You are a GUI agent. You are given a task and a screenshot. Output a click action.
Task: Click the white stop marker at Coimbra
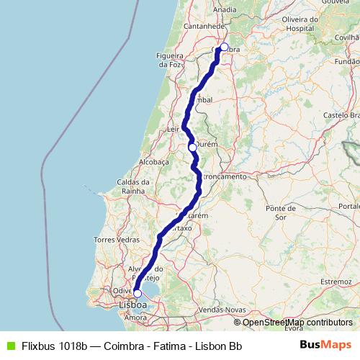[224, 48]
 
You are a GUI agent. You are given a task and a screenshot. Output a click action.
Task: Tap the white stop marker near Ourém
[192, 147]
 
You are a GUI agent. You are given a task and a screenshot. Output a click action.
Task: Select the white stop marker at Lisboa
[137, 294]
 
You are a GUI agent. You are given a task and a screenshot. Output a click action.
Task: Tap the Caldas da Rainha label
[134, 187]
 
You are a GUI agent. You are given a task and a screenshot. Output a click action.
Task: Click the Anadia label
[225, 9]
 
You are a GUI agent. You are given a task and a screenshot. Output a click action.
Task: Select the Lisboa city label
[133, 305]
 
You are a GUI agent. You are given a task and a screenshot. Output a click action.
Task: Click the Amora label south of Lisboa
[136, 317]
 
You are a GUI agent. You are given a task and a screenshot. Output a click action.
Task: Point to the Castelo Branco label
[342, 115]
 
